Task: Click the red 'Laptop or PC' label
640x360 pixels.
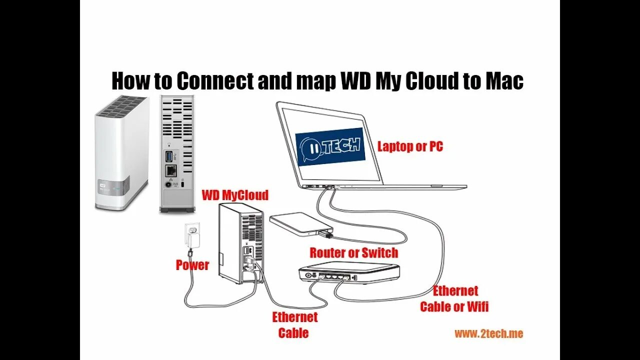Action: pyautogui.click(x=410, y=146)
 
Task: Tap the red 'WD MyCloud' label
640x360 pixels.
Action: pyautogui.click(x=234, y=195)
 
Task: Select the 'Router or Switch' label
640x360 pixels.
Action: pyautogui.click(x=353, y=252)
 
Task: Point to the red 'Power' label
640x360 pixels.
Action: pyautogui.click(x=192, y=265)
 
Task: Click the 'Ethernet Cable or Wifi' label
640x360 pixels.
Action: pyautogui.click(x=454, y=298)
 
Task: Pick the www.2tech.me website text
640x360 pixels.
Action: pyautogui.click(x=488, y=333)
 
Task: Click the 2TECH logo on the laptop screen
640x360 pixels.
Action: pyautogui.click(x=330, y=148)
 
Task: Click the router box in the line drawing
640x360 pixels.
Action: pyautogui.click(x=349, y=271)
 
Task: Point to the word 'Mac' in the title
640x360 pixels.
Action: pyautogui.click(x=504, y=81)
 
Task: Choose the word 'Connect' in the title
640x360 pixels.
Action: pyautogui.click(x=215, y=81)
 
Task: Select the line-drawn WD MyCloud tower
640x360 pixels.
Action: pyautogui.click(x=241, y=243)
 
